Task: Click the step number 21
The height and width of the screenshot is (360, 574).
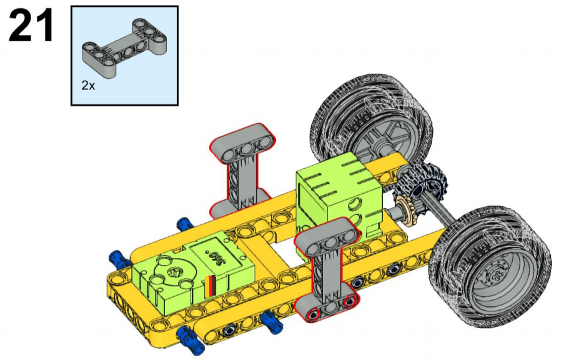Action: pos(31,25)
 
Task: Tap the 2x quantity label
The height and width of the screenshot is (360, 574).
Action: pos(88,86)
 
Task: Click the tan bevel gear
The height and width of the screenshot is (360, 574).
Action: pos(403,206)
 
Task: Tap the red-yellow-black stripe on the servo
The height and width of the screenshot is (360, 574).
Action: pos(210,286)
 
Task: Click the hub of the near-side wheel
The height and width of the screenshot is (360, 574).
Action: pos(496,276)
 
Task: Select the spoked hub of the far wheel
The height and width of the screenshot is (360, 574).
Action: pos(382,140)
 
